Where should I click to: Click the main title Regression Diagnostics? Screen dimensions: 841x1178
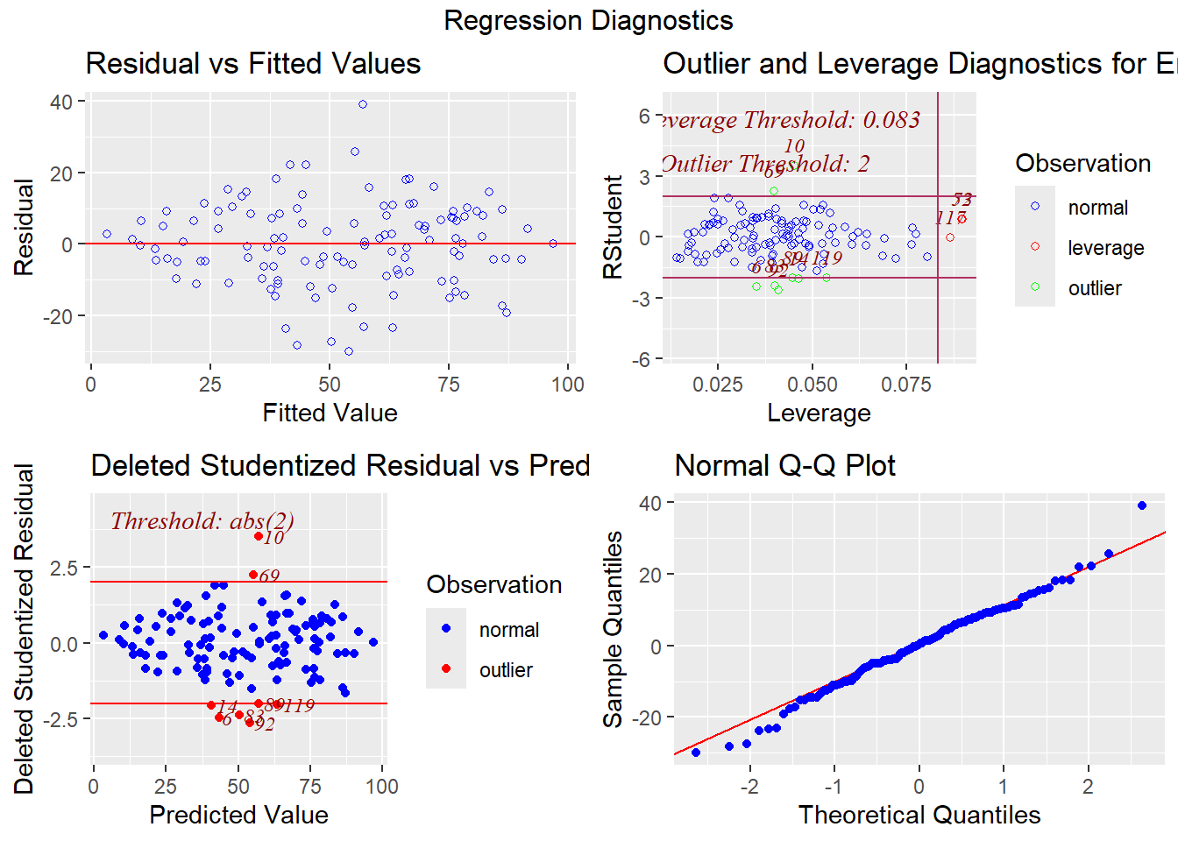[588, 20]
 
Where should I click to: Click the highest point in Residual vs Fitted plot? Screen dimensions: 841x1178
[363, 104]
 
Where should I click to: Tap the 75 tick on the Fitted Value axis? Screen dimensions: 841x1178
[449, 385]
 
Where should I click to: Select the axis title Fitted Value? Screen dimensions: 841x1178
[330, 413]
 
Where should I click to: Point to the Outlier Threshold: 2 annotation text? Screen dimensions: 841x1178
[765, 164]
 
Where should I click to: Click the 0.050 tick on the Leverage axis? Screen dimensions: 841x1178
[813, 385]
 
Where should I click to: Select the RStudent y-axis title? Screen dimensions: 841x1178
[614, 227]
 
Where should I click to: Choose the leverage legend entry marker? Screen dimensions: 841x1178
[1035, 247]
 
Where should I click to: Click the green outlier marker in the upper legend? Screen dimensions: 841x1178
[1035, 287]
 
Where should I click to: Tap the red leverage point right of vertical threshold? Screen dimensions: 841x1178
[950, 237]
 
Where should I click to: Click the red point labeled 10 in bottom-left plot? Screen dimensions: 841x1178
[259, 536]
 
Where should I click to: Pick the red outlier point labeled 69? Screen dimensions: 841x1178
[253, 575]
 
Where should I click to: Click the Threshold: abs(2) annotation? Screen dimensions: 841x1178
[202, 521]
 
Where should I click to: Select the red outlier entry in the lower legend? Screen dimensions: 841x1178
[446, 669]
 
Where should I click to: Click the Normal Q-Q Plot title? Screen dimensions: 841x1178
[784, 465]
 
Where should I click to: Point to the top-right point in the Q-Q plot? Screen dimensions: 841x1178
[1142, 505]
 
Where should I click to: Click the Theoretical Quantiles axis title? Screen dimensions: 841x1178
[919, 815]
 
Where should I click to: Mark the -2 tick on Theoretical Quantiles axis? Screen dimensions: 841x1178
[749, 786]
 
